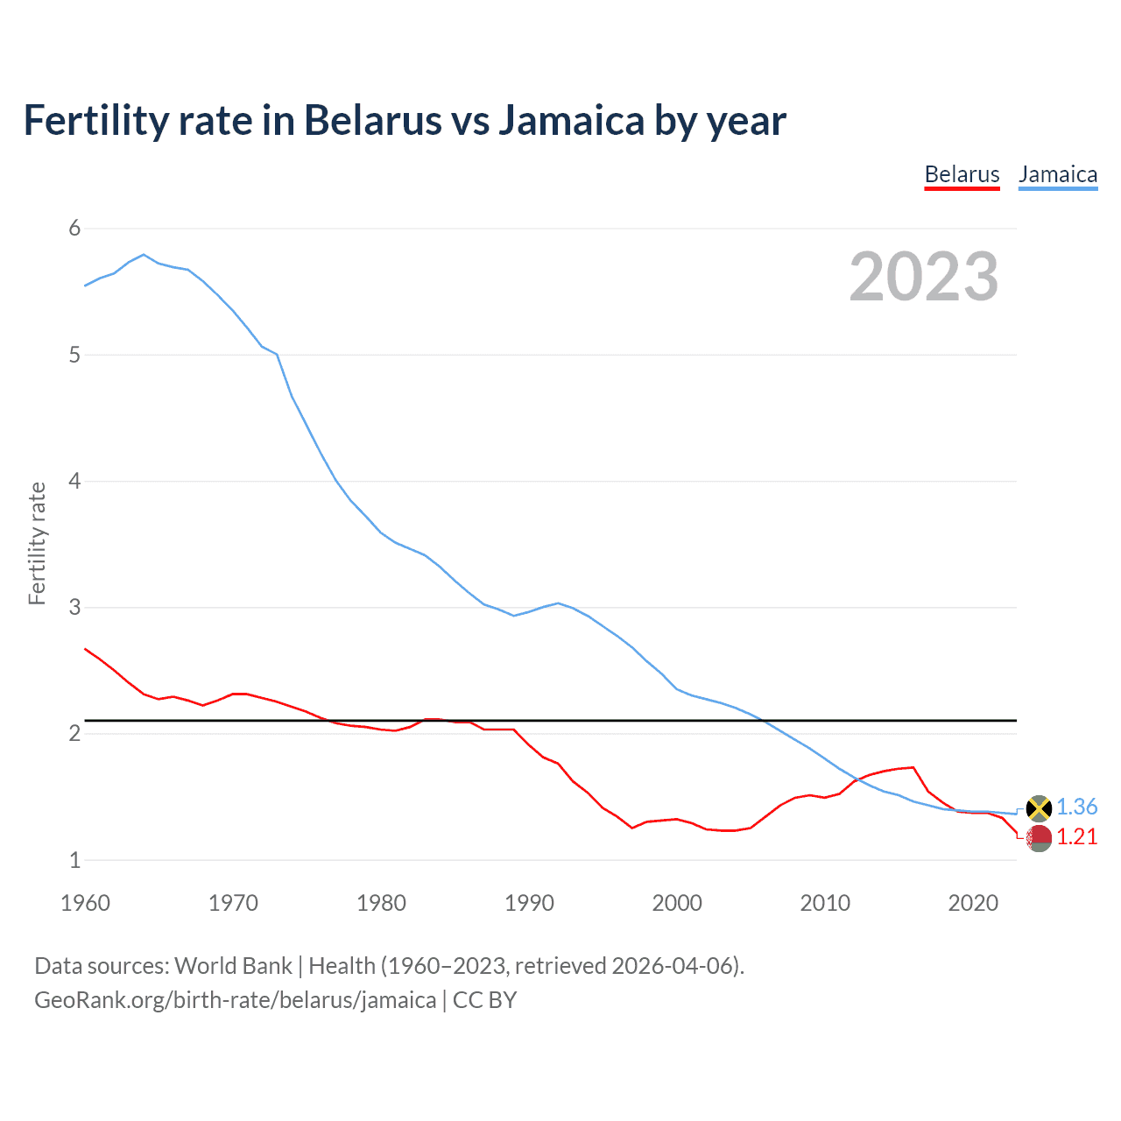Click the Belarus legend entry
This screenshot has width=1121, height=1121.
coord(962,174)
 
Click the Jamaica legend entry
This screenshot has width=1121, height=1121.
coord(1058,174)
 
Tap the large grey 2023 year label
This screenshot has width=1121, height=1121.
coord(924,277)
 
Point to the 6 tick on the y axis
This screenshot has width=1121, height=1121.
coord(74,229)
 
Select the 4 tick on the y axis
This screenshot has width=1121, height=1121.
coord(74,481)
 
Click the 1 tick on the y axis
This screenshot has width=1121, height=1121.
coord(74,860)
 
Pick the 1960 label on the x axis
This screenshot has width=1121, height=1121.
coord(85,903)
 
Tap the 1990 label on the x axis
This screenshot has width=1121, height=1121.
coord(529,903)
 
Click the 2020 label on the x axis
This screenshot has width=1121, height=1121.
coord(973,903)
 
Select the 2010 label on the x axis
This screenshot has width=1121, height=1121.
coord(825,903)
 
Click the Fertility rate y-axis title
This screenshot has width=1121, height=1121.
coord(37,543)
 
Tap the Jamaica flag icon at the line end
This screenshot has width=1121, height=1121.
coord(1039,807)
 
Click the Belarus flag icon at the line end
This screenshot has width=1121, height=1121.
coord(1039,838)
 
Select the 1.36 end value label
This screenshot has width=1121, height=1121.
coord(1076,807)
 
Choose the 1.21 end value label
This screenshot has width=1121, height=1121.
coord(1076,837)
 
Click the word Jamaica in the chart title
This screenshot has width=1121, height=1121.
coord(571,121)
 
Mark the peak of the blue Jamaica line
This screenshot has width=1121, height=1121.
coord(144,255)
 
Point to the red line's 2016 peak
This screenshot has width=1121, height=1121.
coord(913,767)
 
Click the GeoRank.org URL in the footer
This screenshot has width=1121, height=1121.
coord(235,1000)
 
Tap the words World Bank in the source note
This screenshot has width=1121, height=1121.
coord(233,966)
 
